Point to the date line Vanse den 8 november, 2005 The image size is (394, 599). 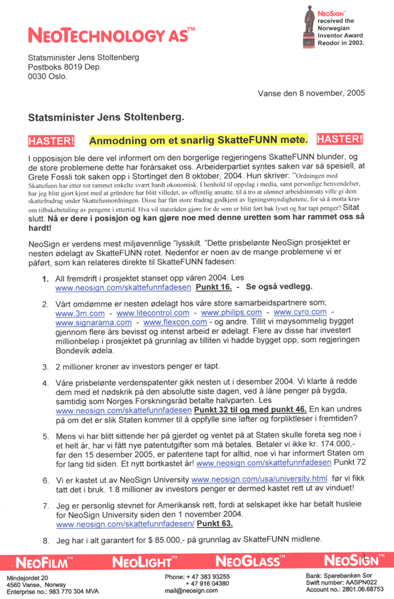coord(311,93)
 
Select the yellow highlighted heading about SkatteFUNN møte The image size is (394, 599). coord(198,139)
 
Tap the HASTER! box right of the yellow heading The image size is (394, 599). coord(340,138)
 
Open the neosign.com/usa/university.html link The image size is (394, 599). coord(259,479)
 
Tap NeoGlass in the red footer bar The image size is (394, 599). coord(248,561)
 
